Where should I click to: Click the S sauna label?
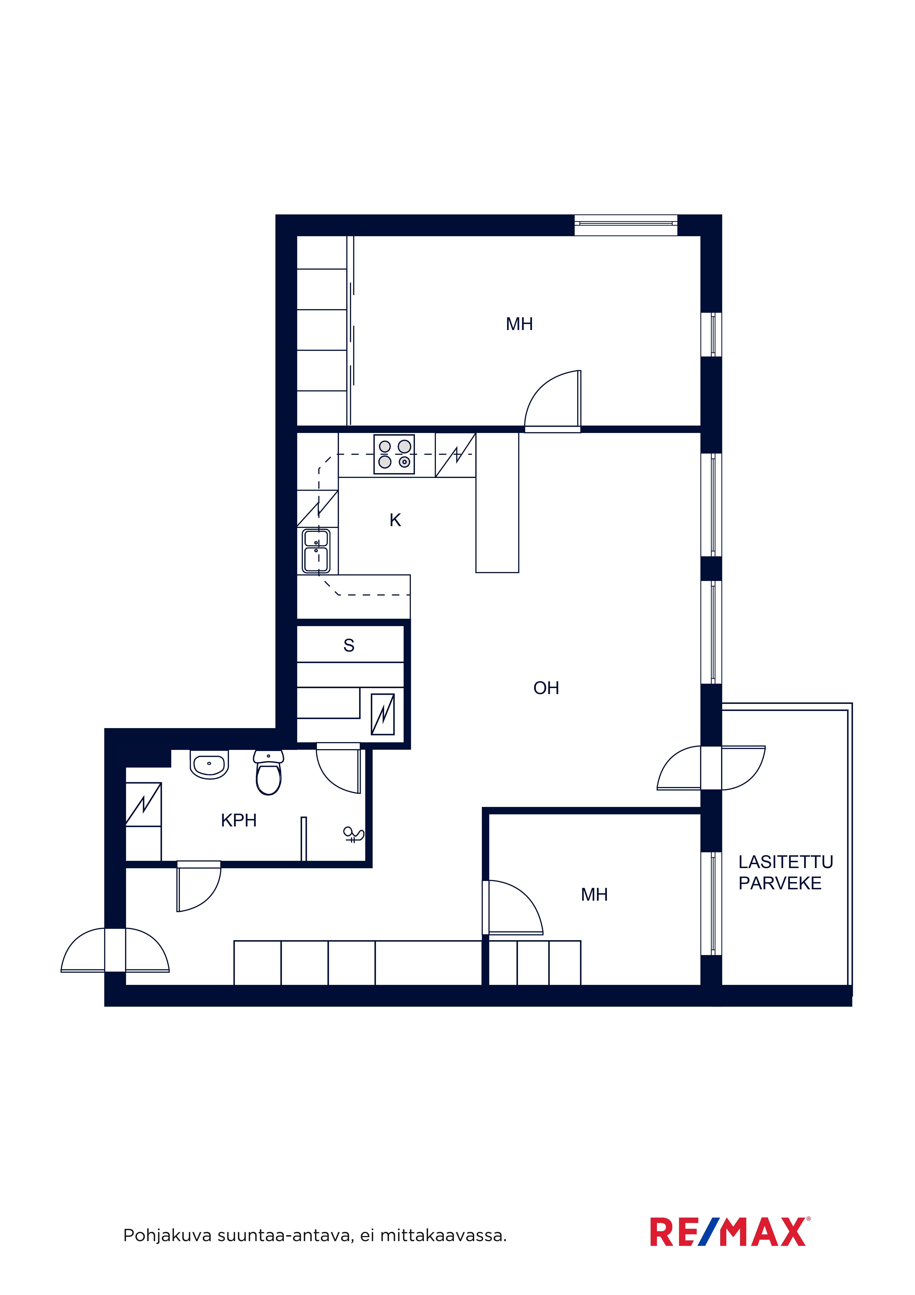[x=349, y=645]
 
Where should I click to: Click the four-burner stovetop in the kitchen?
[x=394, y=454]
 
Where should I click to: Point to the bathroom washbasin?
[x=209, y=764]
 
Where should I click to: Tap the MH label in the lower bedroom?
[x=594, y=895]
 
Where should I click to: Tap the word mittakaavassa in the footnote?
[x=443, y=1236]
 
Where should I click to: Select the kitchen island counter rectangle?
[x=497, y=503]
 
